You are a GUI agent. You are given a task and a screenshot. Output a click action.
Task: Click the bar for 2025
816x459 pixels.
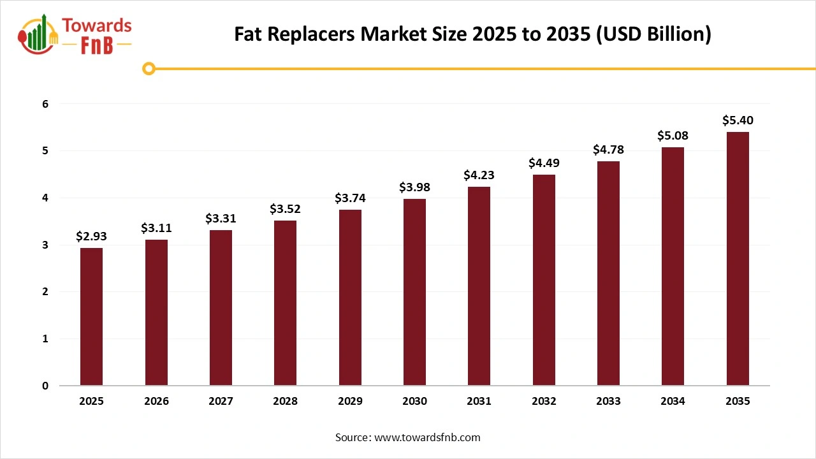point(91,317)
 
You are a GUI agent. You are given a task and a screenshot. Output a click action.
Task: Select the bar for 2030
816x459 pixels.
point(414,292)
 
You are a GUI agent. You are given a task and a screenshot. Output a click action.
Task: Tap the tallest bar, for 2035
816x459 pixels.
point(738,259)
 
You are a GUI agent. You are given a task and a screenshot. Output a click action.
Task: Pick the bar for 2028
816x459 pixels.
point(285,303)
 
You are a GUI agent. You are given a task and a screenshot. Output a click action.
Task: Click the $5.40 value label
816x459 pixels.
point(738,120)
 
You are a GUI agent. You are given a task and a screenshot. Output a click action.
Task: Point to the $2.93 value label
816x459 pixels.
point(91,236)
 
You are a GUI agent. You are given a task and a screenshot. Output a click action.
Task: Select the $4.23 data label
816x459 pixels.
point(479,175)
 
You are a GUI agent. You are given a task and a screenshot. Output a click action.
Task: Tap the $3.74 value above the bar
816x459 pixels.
point(350,198)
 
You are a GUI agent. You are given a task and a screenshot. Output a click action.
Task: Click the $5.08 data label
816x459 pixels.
point(673,135)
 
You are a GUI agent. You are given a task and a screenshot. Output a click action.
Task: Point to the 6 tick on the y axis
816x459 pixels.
point(45,104)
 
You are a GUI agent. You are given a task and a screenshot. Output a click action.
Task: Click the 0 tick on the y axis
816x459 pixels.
point(45,386)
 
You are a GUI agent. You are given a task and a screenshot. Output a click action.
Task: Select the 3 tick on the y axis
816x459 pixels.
point(45,245)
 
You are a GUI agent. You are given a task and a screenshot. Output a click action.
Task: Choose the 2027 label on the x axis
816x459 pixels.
point(221,402)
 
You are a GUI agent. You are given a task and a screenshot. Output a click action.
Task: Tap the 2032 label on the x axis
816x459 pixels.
point(544,402)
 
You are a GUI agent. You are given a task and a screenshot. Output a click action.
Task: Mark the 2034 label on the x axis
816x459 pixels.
point(673,402)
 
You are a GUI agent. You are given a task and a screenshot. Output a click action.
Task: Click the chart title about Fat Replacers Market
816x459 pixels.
point(472,34)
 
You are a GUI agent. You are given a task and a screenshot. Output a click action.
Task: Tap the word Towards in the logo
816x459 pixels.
point(97,26)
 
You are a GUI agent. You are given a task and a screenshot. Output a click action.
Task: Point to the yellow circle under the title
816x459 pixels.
point(149,69)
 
